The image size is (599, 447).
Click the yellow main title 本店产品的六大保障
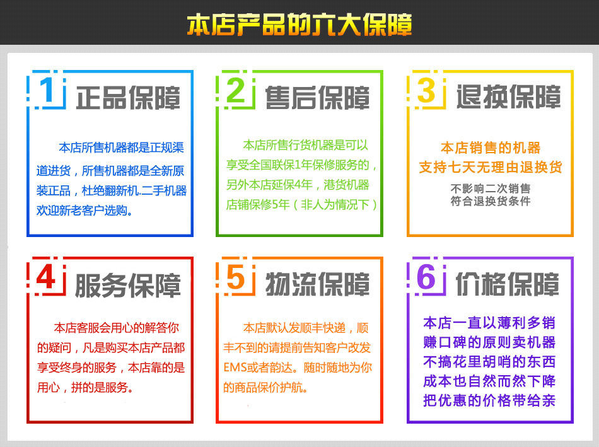click(299, 25)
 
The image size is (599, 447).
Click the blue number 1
click(47, 90)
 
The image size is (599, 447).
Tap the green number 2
click(236, 90)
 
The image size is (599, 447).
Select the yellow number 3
click(426, 90)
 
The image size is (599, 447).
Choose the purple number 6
click(426, 277)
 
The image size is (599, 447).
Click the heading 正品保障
click(128, 98)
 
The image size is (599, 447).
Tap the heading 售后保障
click(317, 98)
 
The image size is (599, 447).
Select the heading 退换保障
click(508, 96)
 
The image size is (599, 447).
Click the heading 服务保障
click(127, 285)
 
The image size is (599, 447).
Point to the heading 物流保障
click(317, 284)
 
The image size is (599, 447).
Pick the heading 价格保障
click(508, 284)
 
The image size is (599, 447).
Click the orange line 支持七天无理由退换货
click(491, 167)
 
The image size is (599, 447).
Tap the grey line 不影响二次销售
click(491, 189)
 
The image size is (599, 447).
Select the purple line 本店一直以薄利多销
click(489, 323)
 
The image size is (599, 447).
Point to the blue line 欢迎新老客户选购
click(84, 210)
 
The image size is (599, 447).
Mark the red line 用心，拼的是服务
click(85, 387)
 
